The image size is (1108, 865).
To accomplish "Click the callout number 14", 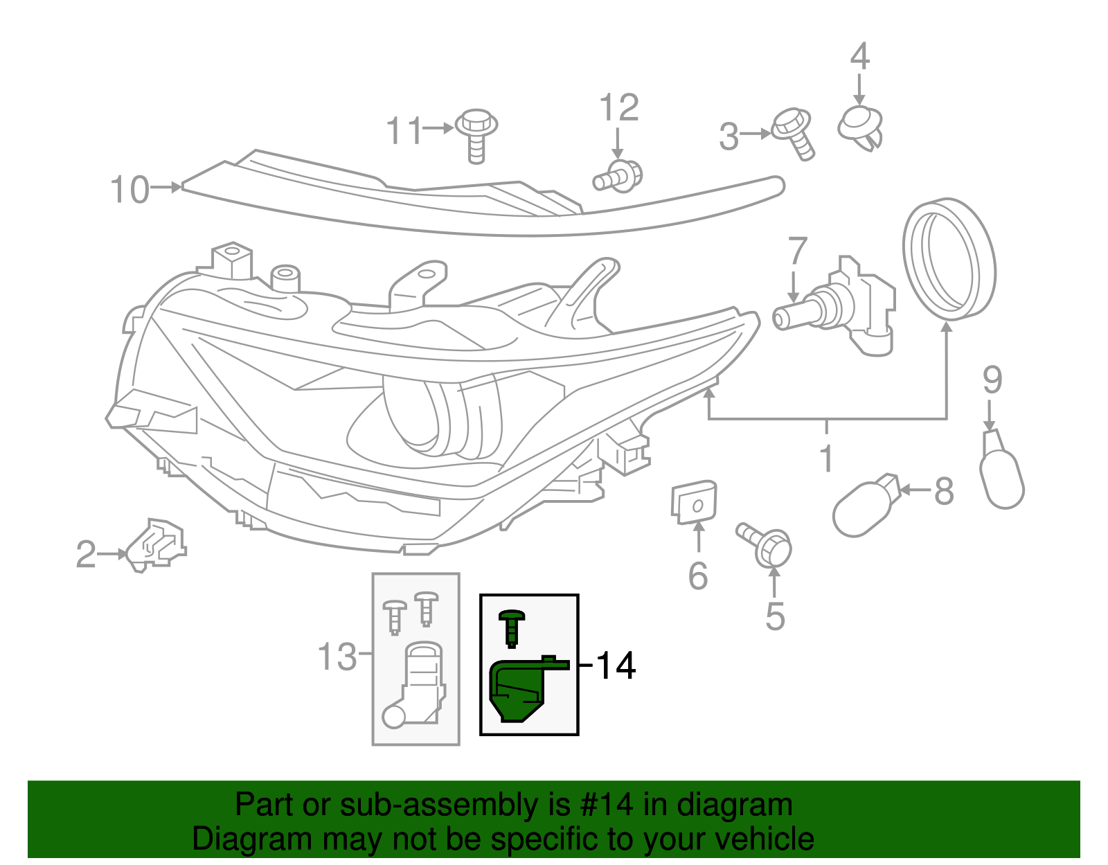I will pyautogui.click(x=615, y=666).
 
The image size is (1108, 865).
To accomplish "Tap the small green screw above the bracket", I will pyautogui.click(x=512, y=626).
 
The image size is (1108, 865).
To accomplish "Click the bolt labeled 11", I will pyautogui.click(x=476, y=134).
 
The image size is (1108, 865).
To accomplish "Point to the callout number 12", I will pyautogui.click(x=618, y=108).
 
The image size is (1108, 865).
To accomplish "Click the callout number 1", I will pyautogui.click(x=826, y=458).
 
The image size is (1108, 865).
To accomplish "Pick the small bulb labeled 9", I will pyautogui.click(x=1001, y=471).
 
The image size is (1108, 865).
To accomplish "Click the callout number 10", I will pyautogui.click(x=129, y=190).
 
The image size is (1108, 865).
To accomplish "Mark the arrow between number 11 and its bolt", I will pyautogui.click(x=439, y=128).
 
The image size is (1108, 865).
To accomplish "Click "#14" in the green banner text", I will pyautogui.click(x=602, y=805).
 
